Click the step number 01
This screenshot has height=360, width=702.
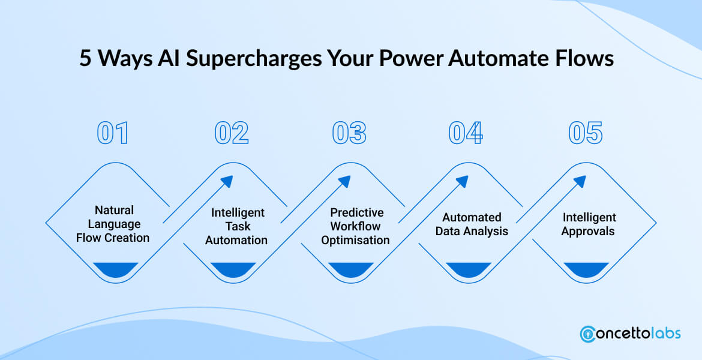(x=113, y=133)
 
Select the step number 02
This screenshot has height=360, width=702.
(x=231, y=133)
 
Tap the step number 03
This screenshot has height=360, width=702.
(x=349, y=133)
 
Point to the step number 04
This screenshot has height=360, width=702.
(x=466, y=133)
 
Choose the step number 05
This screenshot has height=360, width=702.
(x=585, y=133)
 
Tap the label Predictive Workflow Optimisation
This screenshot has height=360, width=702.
(x=355, y=226)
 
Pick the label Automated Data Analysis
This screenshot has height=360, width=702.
(x=472, y=224)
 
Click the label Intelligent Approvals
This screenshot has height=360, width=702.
(x=589, y=224)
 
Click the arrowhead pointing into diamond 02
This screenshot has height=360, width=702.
(x=228, y=181)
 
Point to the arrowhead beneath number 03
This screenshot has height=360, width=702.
(x=346, y=181)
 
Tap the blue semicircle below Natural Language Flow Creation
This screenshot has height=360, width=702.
(x=115, y=269)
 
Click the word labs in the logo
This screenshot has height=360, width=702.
(x=664, y=333)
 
